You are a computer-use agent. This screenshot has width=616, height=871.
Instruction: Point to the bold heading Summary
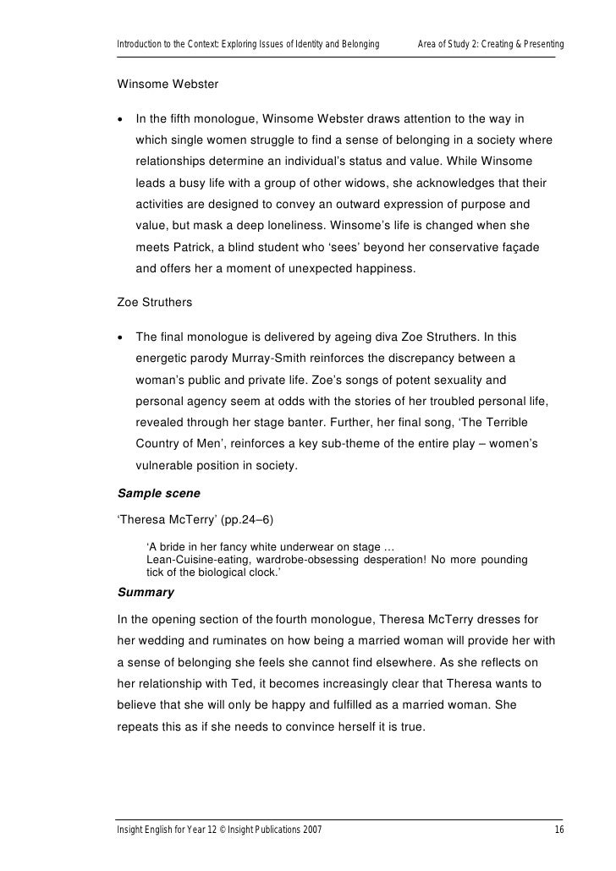click(146, 592)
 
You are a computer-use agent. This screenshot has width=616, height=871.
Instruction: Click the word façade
click(532, 249)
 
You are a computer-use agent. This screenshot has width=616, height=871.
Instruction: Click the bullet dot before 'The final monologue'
click(122, 337)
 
